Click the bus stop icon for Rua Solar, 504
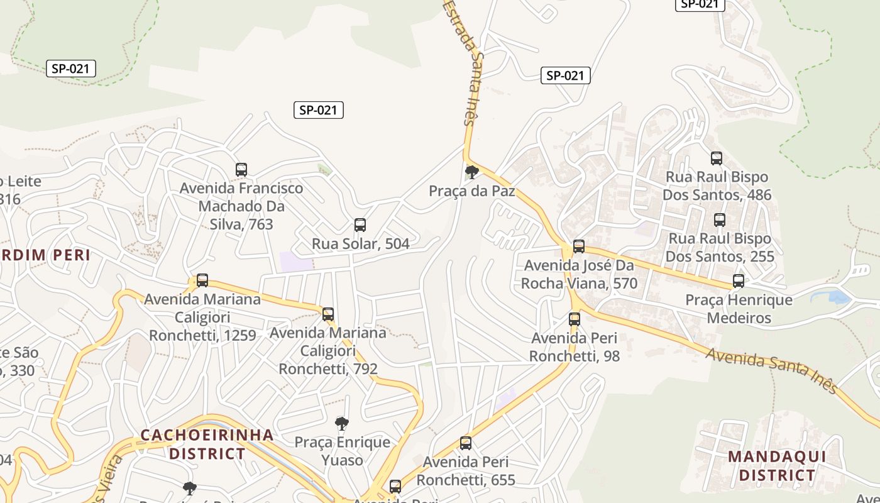point(360,225)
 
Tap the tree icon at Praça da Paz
point(471,172)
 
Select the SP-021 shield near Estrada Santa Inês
point(565,75)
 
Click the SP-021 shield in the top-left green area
point(71,69)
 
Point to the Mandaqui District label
point(776,465)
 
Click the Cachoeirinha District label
point(207,444)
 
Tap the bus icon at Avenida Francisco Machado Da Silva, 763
point(241,170)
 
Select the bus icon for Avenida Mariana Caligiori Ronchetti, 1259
point(202,280)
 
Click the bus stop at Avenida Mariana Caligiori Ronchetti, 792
point(328,314)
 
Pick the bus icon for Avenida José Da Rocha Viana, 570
point(579,246)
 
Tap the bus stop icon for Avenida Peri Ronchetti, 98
point(575,319)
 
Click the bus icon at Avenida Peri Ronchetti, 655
point(466,443)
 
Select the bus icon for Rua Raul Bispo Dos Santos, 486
point(717,158)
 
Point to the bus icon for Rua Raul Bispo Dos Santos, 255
point(720,220)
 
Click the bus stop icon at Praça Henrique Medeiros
point(739,281)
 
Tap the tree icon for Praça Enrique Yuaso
point(341,424)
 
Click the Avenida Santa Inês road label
point(772,371)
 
